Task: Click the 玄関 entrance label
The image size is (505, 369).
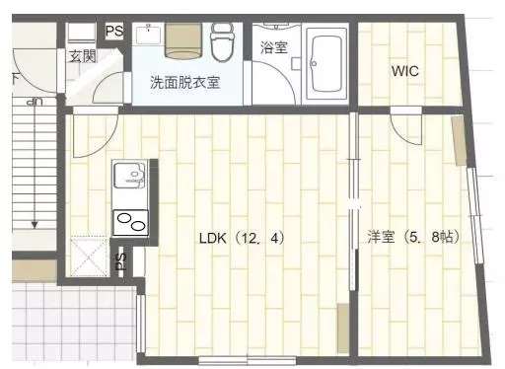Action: coord(83,56)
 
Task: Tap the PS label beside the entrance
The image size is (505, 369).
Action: coord(114,32)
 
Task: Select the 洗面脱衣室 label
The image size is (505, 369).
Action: coord(185,82)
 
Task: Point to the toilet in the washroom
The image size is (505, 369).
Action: coord(223,41)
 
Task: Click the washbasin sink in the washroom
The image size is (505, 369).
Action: coord(149,35)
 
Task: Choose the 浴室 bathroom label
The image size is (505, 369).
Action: coord(274,47)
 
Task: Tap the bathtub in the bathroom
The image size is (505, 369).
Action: coord(326,64)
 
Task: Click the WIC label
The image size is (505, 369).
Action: coord(405,71)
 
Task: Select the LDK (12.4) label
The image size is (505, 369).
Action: coord(242,238)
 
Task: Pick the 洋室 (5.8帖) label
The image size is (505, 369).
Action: coord(414,237)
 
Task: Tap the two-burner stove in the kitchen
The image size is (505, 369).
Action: coord(130,223)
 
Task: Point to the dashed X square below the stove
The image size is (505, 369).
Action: coord(90,257)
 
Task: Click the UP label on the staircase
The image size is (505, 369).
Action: coord(35,103)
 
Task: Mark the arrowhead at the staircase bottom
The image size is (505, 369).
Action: coord(35,225)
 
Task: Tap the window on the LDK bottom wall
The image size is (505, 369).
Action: coord(248,360)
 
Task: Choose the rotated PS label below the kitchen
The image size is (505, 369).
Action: coord(121,261)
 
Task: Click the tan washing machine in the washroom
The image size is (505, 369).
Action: coord(183,40)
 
